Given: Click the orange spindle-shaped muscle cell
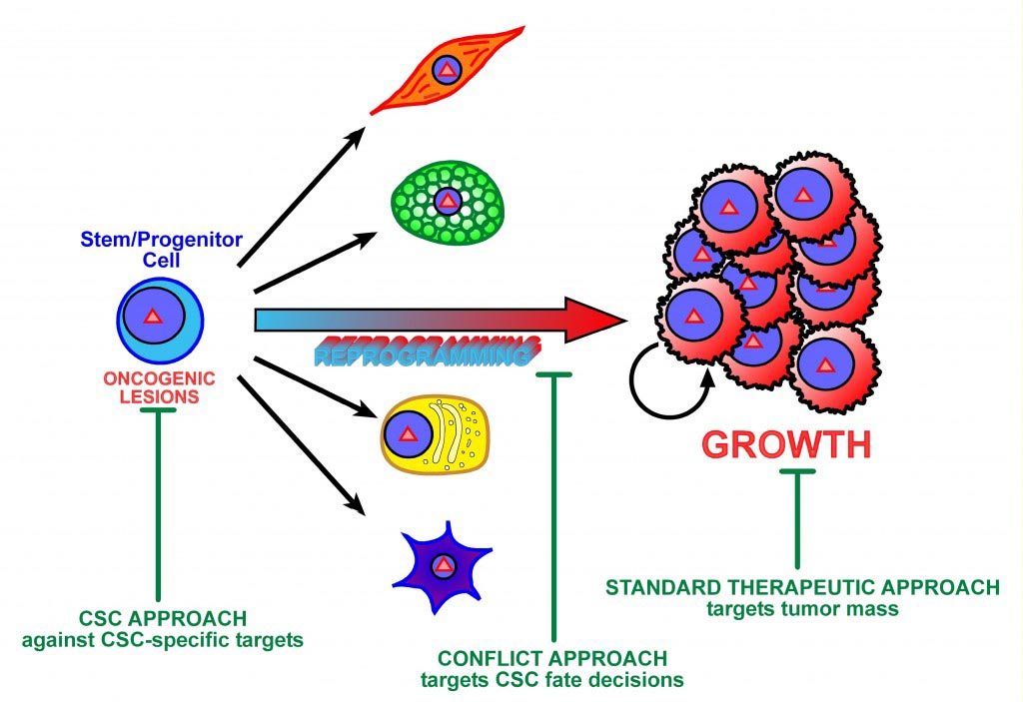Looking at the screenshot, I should [x=448, y=70].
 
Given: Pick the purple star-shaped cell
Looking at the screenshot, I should [x=444, y=567].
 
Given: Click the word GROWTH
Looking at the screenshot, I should [x=786, y=444].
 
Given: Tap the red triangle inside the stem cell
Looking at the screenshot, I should [x=152, y=318].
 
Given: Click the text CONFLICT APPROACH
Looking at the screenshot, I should [x=551, y=660].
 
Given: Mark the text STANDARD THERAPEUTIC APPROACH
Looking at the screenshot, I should [x=801, y=586].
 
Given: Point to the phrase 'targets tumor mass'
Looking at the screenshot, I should [x=802, y=606].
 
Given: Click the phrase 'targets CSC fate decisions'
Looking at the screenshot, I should [x=551, y=681].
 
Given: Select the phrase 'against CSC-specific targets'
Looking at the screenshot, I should [x=161, y=639].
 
